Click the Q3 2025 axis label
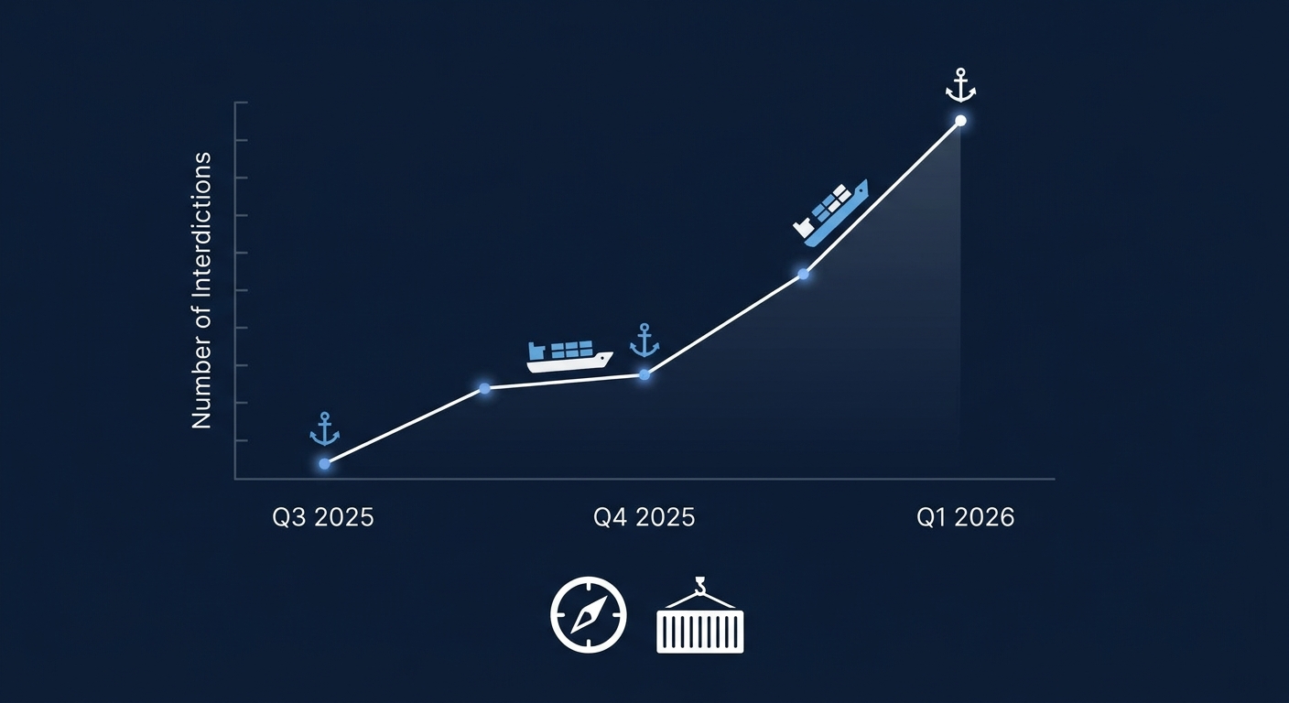(x=323, y=517)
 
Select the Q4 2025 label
(x=644, y=517)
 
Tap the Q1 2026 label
(x=965, y=517)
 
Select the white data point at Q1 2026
(x=960, y=121)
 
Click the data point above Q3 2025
(x=325, y=464)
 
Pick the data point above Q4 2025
(x=644, y=374)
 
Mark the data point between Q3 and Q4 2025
(x=484, y=389)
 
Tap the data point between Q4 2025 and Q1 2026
(x=803, y=274)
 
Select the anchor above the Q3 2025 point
(x=325, y=429)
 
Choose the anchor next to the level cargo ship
(x=644, y=341)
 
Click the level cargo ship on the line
(x=569, y=356)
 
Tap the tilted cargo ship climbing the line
(x=829, y=212)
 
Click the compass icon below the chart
(x=588, y=614)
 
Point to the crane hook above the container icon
(x=700, y=585)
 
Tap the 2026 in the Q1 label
(x=984, y=517)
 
